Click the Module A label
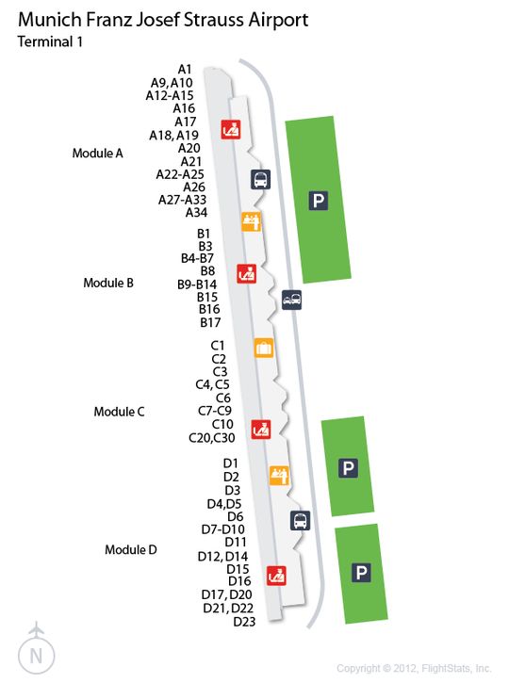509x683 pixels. [98, 154]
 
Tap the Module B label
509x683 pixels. [108, 283]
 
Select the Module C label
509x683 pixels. [119, 412]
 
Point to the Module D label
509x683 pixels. [131, 550]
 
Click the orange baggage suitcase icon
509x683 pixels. [264, 348]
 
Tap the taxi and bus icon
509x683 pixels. [291, 300]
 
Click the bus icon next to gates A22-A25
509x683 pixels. [260, 179]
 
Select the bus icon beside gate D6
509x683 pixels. [301, 520]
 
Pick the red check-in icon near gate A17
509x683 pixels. [231, 129]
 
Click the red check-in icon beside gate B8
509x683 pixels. [247, 273]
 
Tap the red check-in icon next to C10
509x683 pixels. [261, 430]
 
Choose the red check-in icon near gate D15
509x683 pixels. [276, 576]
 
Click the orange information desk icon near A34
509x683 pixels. [252, 221]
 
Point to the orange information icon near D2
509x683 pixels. [279, 475]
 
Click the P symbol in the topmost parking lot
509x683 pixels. [319, 201]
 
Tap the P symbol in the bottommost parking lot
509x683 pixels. [361, 573]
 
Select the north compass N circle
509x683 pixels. [36, 656]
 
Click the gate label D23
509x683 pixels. [244, 622]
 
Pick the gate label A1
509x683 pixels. [185, 70]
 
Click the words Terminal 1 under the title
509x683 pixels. [50, 41]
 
